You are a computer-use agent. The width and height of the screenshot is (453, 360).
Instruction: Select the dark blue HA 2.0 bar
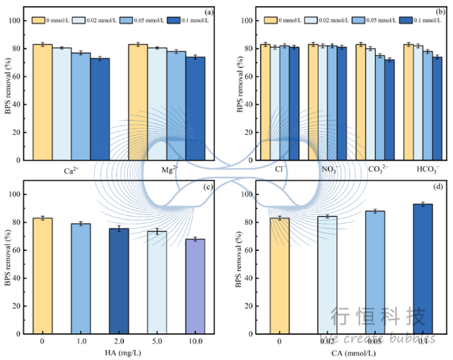(119, 281)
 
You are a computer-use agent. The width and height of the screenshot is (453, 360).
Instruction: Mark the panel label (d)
(436, 186)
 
